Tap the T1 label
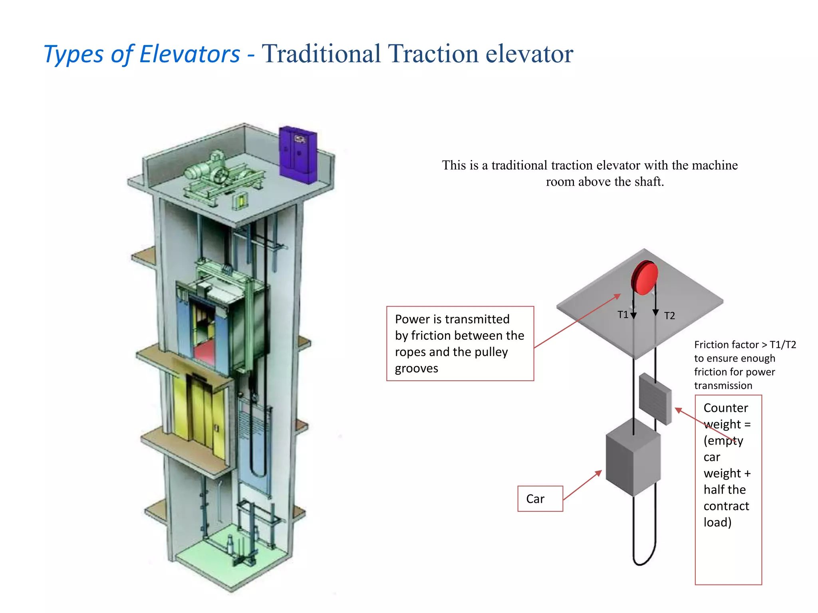(623, 315)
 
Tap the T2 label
(669, 316)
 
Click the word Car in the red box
(535, 499)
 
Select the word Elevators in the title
(190, 54)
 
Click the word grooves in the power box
(416, 368)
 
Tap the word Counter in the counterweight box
(725, 408)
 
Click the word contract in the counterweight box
(726, 506)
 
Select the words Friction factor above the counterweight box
(726, 344)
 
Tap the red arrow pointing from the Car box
(582, 485)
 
